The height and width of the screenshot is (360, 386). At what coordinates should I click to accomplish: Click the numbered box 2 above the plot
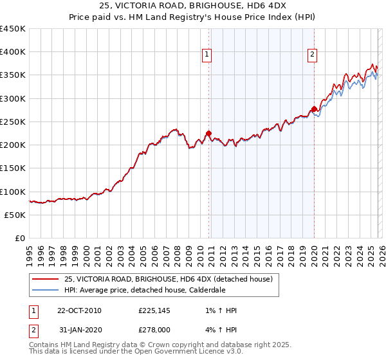(x=312, y=55)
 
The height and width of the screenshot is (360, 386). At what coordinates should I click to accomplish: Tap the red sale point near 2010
(x=208, y=134)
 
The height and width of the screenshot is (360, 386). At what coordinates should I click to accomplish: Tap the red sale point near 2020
(x=314, y=109)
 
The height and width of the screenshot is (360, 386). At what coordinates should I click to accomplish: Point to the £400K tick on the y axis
(x=13, y=52)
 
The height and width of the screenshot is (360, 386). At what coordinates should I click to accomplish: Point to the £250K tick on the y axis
(x=13, y=122)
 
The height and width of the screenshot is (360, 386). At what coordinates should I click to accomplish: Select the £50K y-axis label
(x=15, y=215)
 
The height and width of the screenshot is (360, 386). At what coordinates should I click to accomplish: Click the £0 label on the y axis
(x=21, y=238)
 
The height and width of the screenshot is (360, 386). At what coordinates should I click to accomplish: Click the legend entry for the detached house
(x=169, y=279)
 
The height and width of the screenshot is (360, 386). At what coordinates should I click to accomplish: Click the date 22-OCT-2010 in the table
(x=79, y=310)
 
